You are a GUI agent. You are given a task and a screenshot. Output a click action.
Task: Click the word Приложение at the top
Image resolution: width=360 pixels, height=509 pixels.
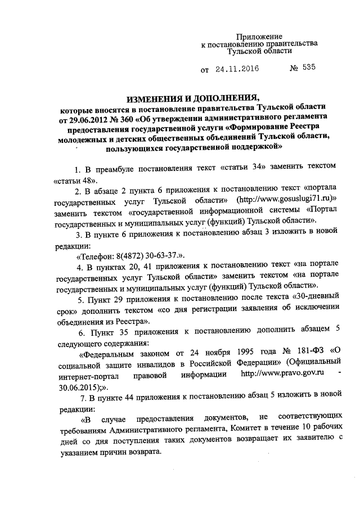pyautogui.click(x=259, y=36)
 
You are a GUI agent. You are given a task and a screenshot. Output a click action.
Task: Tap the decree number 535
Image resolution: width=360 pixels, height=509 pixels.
pyautogui.click(x=309, y=69)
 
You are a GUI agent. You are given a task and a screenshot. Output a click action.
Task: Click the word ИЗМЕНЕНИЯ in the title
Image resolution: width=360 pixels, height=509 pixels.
pyautogui.click(x=159, y=97)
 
